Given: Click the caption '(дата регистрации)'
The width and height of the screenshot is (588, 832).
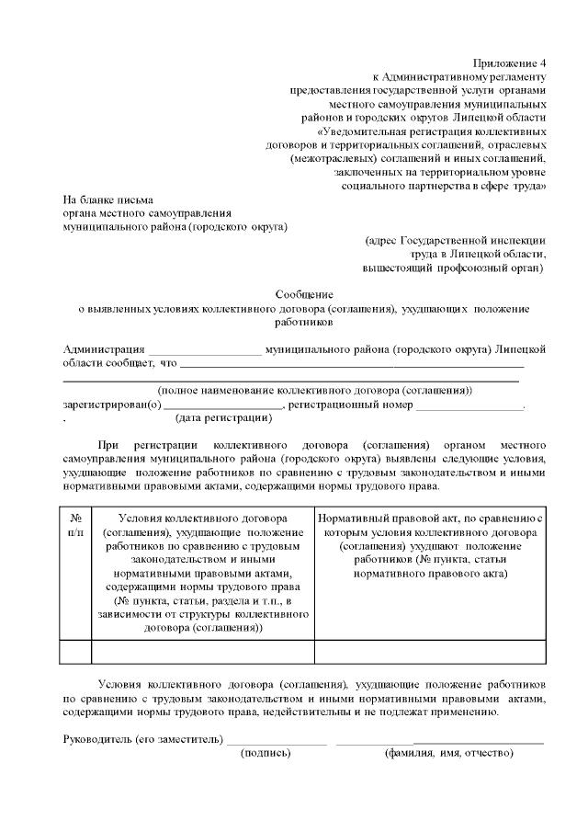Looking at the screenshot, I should click(x=223, y=419).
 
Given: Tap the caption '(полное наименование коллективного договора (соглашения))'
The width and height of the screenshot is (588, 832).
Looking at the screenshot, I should click(x=314, y=391).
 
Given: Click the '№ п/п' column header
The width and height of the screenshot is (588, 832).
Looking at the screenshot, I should click(x=76, y=525).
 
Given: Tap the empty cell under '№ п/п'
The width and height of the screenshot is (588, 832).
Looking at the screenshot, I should click(x=76, y=652).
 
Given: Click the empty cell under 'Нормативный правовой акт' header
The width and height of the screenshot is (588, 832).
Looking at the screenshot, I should click(x=430, y=652).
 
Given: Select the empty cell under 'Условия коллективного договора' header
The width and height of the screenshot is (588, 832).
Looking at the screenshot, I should click(x=203, y=652).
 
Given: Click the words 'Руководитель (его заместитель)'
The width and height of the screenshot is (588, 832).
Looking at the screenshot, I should click(x=142, y=738).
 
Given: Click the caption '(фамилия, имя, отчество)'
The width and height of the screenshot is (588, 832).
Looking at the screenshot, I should click(x=448, y=753).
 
